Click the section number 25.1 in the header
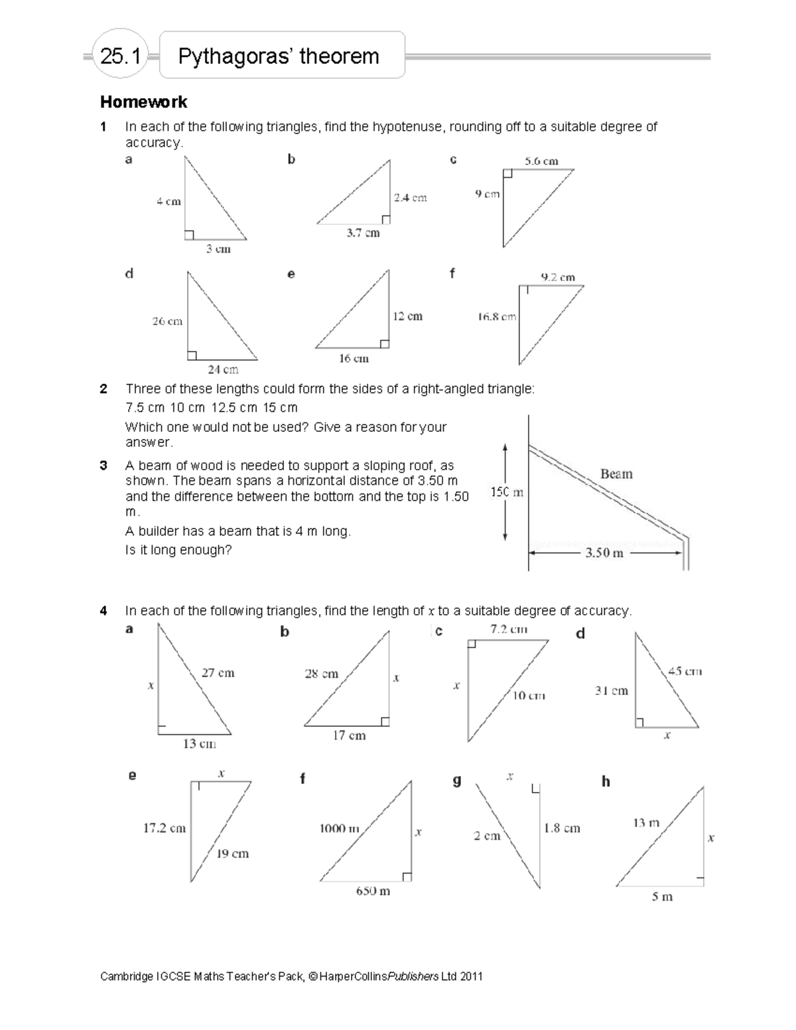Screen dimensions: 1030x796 click(120, 56)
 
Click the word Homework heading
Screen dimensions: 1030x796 click(143, 102)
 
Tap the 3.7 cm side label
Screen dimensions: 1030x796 click(363, 233)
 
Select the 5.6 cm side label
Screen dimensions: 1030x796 click(541, 161)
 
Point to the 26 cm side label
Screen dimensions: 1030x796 click(167, 321)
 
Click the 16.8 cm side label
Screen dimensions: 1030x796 click(497, 317)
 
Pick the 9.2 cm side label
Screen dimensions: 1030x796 click(558, 277)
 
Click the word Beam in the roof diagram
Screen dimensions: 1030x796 click(616, 474)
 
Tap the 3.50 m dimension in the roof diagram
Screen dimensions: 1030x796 click(604, 552)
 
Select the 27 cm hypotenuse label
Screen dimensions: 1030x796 click(218, 673)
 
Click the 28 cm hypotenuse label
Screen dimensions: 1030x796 click(321, 674)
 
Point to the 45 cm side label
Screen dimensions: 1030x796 click(685, 671)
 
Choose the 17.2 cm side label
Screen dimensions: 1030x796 click(165, 828)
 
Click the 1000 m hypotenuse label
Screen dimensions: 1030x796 click(339, 828)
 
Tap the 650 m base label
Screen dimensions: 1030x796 click(373, 891)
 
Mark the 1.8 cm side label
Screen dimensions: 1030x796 click(562, 828)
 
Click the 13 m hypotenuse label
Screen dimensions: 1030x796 click(645, 823)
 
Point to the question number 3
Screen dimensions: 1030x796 click(103, 466)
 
